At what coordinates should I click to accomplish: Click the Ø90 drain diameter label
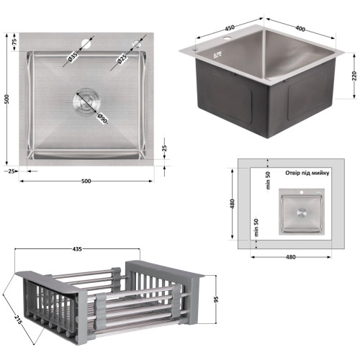coord(102,118)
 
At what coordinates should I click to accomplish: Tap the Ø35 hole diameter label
coord(73,57)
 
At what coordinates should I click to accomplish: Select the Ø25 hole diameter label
coord(122,60)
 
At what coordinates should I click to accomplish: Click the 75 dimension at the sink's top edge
coord(14,42)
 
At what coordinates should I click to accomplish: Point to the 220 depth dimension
coord(354,76)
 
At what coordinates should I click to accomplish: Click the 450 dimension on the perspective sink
coord(230,28)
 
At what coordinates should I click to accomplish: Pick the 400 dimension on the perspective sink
coord(300,29)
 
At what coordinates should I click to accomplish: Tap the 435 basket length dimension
coord(77,249)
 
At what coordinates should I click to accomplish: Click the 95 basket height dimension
coord(216,300)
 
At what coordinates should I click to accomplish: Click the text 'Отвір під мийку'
coord(307,173)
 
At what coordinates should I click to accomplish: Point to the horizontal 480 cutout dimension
coord(291,257)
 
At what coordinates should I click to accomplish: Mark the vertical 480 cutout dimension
coord(233,204)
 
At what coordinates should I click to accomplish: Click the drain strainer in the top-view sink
coord(86,101)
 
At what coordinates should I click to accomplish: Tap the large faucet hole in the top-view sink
coord(86,43)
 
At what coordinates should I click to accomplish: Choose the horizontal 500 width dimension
coord(86,181)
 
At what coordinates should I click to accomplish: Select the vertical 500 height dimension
coord(7,99)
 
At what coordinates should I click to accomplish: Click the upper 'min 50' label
coord(268,181)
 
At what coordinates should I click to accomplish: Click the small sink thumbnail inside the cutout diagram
coord(302,212)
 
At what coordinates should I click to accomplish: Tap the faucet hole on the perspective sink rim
coord(227,37)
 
